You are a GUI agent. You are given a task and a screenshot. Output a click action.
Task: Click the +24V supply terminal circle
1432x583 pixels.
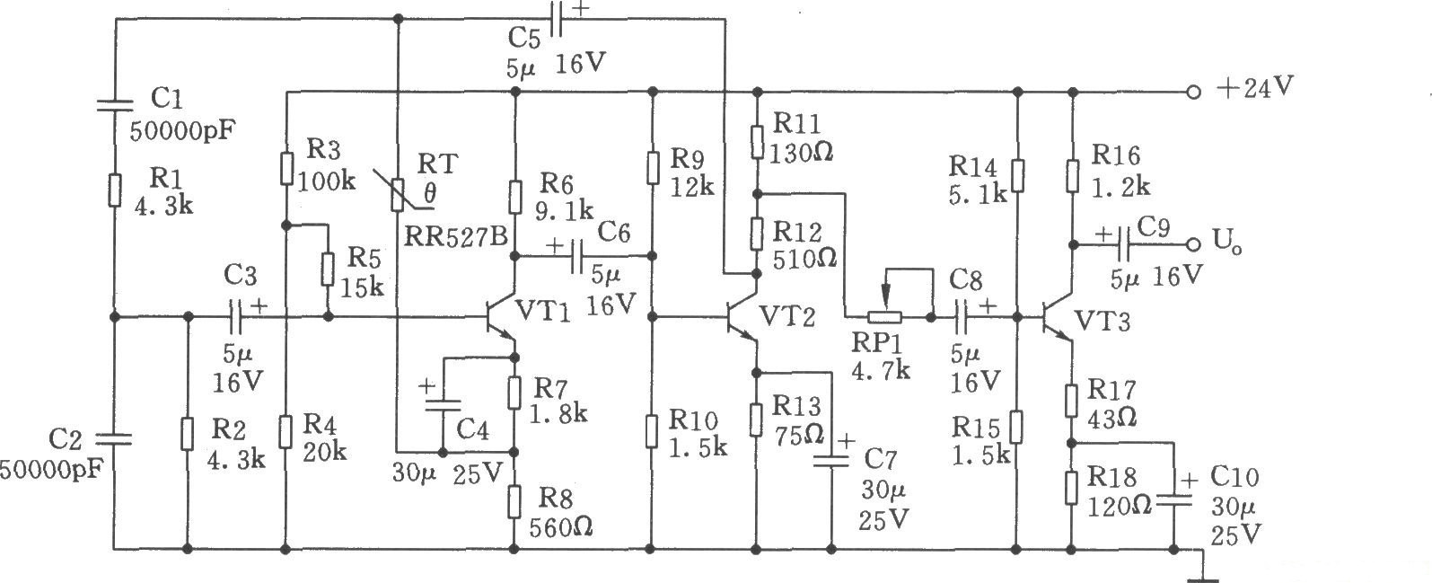point(1192,92)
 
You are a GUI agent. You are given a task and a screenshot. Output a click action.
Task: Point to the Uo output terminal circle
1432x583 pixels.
point(1192,244)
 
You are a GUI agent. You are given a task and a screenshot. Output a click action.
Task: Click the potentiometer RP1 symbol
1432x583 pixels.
point(886,317)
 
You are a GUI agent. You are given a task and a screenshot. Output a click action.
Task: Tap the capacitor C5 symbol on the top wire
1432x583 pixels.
point(556,23)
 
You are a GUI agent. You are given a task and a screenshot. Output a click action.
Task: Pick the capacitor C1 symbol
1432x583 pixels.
point(115,104)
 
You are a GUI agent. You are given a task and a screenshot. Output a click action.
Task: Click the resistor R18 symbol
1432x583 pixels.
point(1071,487)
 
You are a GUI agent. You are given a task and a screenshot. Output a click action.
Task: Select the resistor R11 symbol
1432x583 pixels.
point(758,141)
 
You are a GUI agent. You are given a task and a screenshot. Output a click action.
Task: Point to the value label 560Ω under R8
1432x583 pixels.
point(561,526)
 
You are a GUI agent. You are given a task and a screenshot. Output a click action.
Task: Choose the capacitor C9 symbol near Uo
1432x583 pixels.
point(1121,244)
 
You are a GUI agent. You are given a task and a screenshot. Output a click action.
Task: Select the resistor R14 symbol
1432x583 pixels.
point(1017,177)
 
